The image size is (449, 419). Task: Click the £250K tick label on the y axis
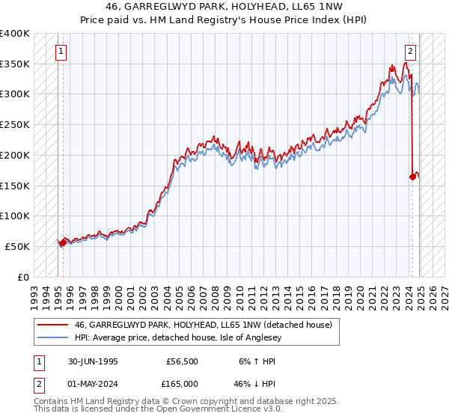coord(14,124)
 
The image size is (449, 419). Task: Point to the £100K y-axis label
coord(14,215)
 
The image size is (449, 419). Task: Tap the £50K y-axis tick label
coord(17,246)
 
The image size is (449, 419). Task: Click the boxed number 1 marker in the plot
coord(61,52)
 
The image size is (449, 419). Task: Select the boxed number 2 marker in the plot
coord(411,52)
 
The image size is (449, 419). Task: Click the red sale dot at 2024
coord(412,177)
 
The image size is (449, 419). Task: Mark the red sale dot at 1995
coord(62,242)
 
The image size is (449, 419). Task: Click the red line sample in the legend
coord(53,324)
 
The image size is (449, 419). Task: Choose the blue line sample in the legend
coord(53,337)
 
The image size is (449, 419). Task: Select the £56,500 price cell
coord(183,361)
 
